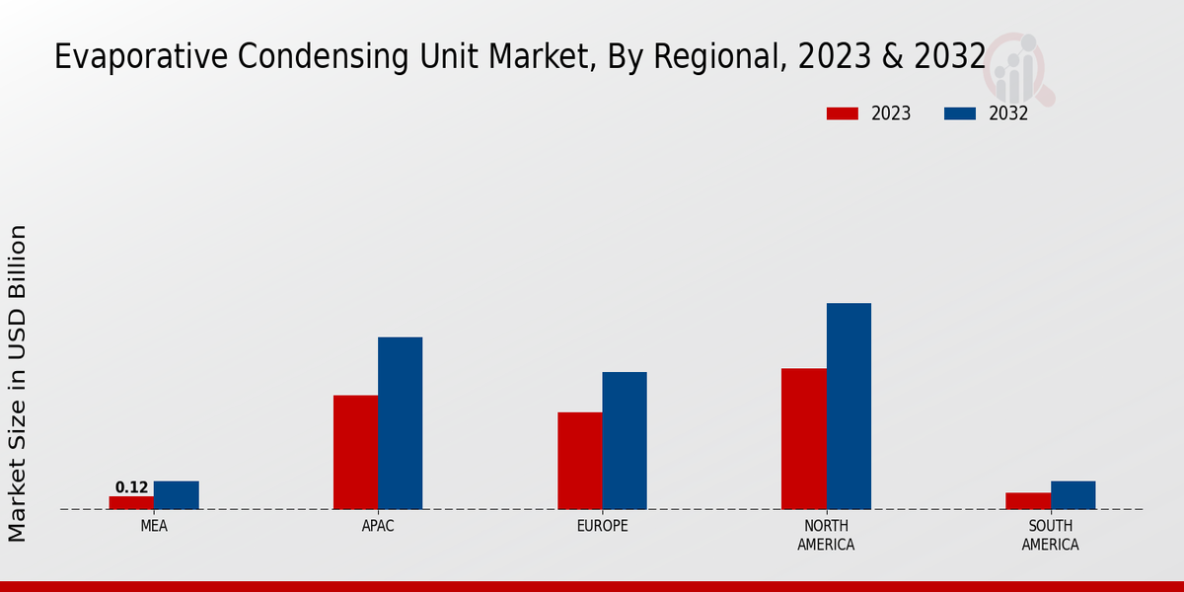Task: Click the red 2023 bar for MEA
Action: tap(131, 502)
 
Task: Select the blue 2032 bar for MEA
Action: tap(176, 495)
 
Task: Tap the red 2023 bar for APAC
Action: tap(355, 452)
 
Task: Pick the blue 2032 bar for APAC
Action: tap(400, 423)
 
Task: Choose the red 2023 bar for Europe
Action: tap(579, 461)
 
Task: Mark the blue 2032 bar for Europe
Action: tap(625, 440)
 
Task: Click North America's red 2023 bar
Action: tap(803, 439)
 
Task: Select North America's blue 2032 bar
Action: tap(849, 406)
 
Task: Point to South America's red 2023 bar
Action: tap(1028, 500)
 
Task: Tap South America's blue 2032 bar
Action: tap(1073, 495)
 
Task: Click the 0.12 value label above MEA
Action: tap(131, 487)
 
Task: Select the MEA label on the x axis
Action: tap(154, 526)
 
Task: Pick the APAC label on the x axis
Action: tap(378, 526)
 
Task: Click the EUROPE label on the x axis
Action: tap(602, 526)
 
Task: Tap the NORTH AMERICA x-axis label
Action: tap(826, 535)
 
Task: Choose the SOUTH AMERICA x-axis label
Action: tap(1050, 535)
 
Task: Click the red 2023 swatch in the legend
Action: tap(842, 113)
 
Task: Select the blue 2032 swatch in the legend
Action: tap(959, 113)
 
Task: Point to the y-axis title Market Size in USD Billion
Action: tap(18, 383)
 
